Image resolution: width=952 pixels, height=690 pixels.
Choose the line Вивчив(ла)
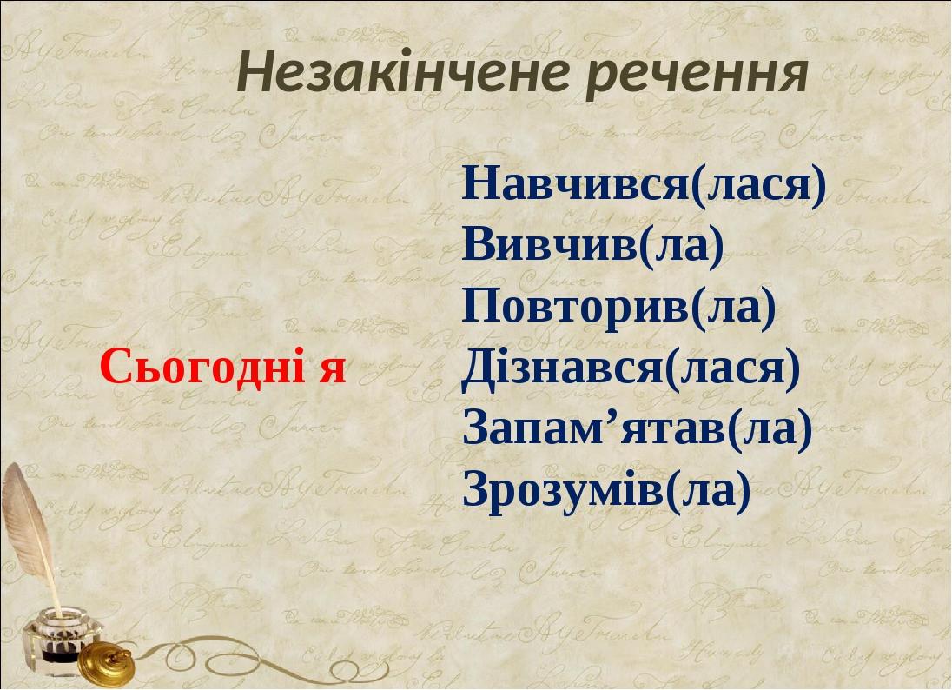[x=593, y=246]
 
